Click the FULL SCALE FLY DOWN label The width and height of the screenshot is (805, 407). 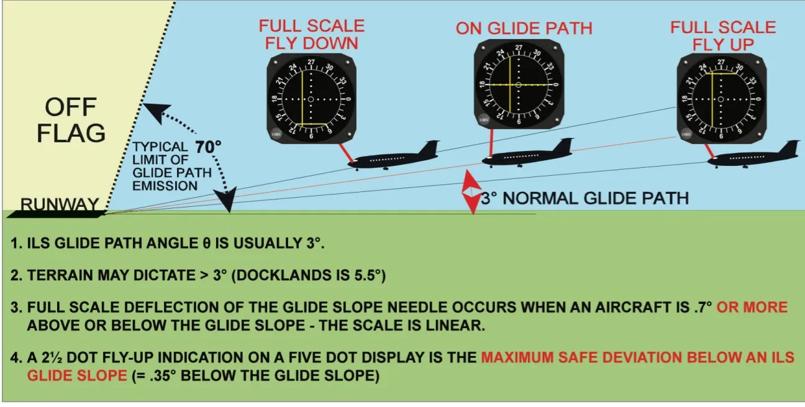[x=311, y=35]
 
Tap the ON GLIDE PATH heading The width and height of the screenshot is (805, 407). [x=524, y=28]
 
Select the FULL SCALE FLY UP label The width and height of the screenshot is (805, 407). [x=722, y=35]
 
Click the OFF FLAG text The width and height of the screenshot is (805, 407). [x=71, y=120]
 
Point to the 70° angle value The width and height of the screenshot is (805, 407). [x=209, y=147]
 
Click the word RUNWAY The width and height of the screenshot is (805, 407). [x=60, y=204]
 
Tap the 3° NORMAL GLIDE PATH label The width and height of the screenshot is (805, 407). [x=584, y=198]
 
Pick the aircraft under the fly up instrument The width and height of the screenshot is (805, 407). [x=752, y=156]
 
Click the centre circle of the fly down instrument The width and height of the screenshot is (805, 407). [x=311, y=99]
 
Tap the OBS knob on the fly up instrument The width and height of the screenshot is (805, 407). [x=686, y=134]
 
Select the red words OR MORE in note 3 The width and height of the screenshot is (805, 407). [x=752, y=307]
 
